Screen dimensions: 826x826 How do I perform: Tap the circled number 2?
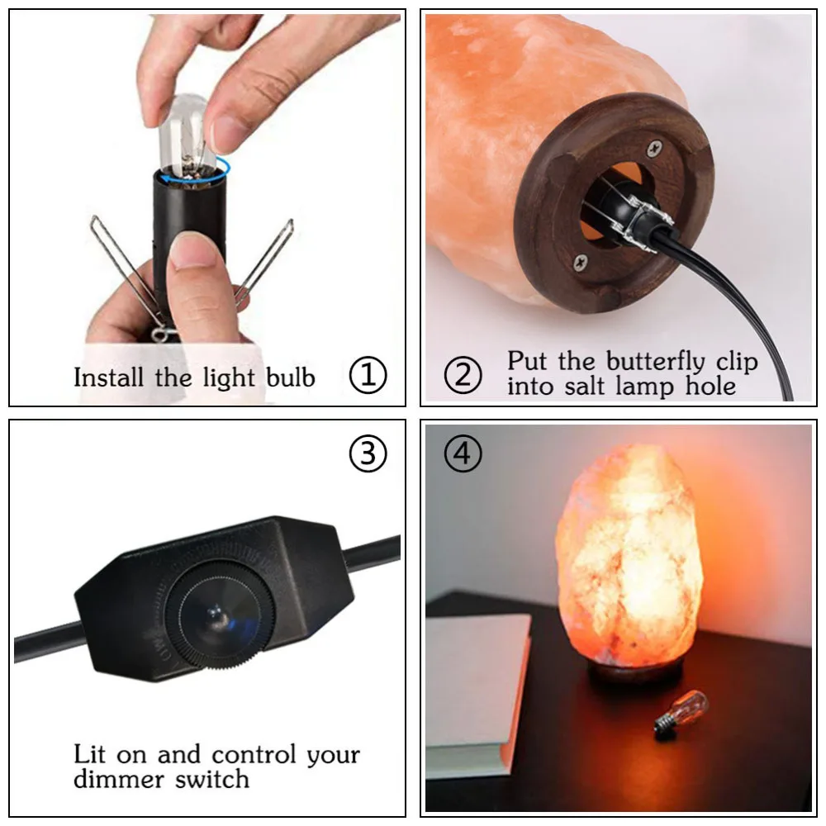(463, 376)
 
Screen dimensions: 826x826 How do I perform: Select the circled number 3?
(368, 454)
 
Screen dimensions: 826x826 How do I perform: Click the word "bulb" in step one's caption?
(290, 377)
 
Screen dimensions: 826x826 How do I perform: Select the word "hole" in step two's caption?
(708, 386)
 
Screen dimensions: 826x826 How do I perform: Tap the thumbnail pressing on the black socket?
(192, 252)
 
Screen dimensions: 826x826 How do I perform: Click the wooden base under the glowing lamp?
(634, 674)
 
